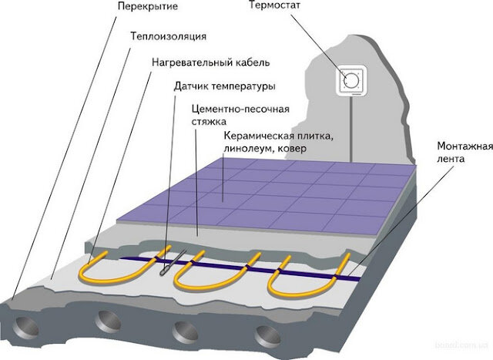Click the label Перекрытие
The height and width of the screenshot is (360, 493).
tap(148, 7)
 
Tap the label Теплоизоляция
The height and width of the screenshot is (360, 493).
tap(169, 36)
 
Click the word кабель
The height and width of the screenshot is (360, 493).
tap(253, 62)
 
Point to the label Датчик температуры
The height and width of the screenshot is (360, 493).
tap(225, 86)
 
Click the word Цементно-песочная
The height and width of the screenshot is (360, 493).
tap(240, 109)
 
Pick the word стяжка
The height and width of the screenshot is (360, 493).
tap(209, 122)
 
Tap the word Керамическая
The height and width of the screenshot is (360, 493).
tap(260, 136)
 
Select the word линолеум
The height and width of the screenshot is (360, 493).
tap(246, 149)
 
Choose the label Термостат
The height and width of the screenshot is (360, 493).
tap(274, 5)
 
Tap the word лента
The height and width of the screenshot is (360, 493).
tap(451, 159)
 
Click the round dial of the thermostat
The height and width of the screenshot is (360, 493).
tap(351, 81)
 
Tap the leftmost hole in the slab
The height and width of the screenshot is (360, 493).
tap(25, 328)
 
